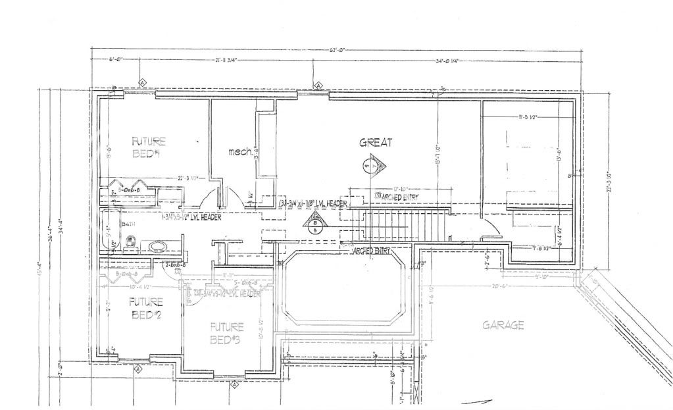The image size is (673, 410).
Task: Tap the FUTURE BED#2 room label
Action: coord(145,307)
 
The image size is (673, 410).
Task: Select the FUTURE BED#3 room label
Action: coord(227,332)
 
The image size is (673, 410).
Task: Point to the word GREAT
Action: coord(376,142)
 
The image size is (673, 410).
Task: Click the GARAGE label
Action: coord(503,325)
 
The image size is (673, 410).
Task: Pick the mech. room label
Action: coord(240,153)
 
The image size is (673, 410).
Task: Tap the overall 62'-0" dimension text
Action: coord(338,49)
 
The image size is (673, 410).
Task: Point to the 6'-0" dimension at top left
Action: coord(116,61)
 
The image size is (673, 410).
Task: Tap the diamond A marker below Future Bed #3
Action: coord(235,385)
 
